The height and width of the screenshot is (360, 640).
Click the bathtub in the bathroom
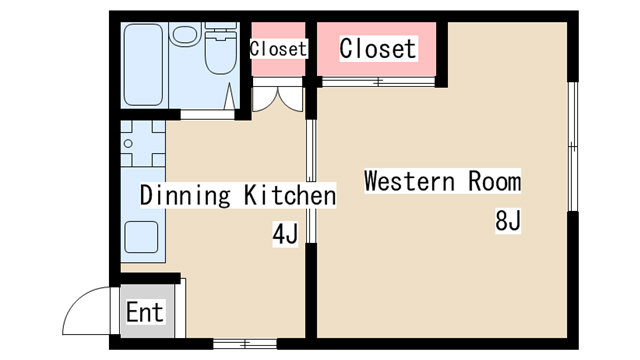[x=143, y=65]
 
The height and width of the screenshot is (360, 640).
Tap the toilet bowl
[x=220, y=56]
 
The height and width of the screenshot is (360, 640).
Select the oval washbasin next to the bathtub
[x=184, y=34]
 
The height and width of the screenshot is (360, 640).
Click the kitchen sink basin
[x=141, y=237]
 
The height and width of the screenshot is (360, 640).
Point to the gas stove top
[x=143, y=143]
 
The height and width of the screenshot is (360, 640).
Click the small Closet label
[x=278, y=49]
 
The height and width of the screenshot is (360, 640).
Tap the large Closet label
[x=378, y=49]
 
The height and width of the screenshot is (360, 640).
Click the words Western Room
[x=442, y=181]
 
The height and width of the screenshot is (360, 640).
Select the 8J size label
[x=508, y=220]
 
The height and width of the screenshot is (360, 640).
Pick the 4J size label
[x=285, y=234]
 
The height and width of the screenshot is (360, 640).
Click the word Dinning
[x=185, y=195]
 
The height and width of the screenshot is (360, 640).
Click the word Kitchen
[x=290, y=195]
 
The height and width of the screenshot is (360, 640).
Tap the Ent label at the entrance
[x=145, y=312]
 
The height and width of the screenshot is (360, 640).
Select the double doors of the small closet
[x=278, y=99]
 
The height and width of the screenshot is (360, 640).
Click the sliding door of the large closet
[x=378, y=82]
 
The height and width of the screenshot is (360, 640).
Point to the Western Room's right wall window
[x=573, y=147]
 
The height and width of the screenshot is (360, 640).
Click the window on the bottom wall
[x=245, y=344]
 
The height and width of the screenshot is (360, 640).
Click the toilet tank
[x=221, y=30]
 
